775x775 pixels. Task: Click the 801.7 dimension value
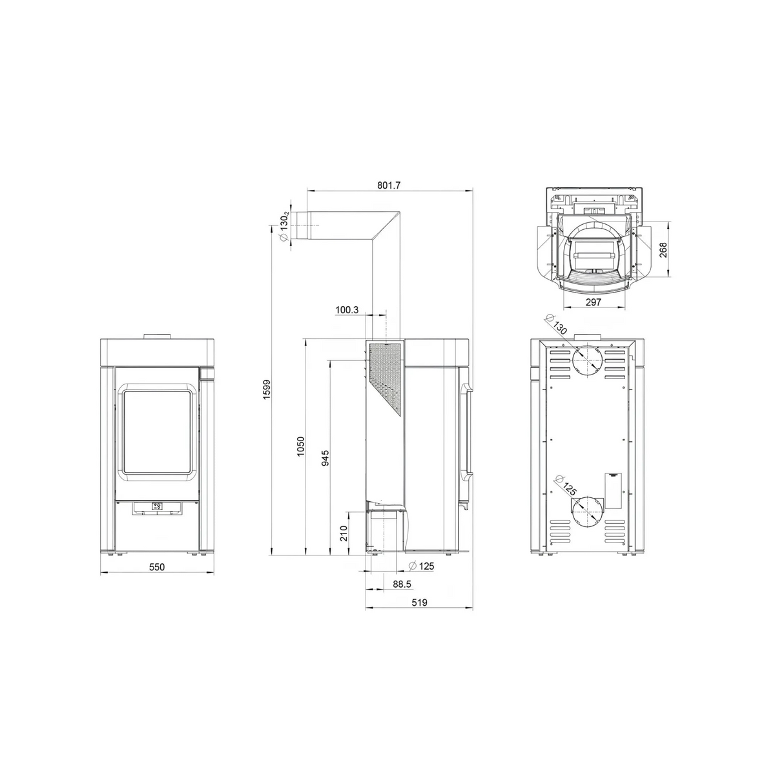point(389,185)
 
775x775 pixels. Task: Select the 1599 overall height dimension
point(267,389)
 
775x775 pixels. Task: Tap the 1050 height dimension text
point(301,446)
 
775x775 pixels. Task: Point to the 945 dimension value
point(325,458)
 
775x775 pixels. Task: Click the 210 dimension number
point(344,533)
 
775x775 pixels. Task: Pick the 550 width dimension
point(157,566)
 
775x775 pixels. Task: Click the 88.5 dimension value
point(402,584)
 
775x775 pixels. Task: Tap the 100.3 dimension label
point(347,310)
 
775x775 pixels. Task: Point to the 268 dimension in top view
point(663,250)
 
